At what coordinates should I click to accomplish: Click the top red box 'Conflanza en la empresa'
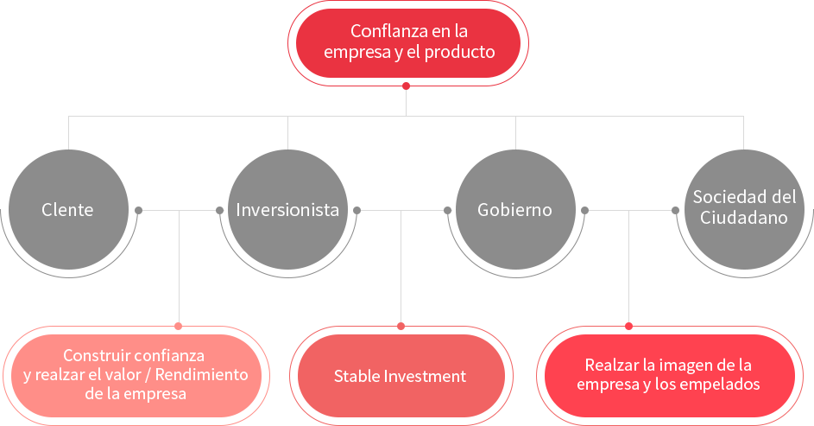(x=408, y=41)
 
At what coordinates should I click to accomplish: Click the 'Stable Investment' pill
(x=400, y=377)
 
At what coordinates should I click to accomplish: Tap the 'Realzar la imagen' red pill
(x=667, y=375)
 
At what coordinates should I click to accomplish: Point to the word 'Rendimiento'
(x=207, y=375)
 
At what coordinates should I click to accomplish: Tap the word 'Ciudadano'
(x=743, y=219)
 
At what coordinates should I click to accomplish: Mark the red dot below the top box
(x=407, y=86)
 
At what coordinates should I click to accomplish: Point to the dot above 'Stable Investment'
(x=401, y=326)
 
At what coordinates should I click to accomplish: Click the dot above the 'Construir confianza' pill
(x=179, y=326)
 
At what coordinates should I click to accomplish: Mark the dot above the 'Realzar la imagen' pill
(x=628, y=326)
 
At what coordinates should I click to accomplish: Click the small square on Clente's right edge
(x=139, y=210)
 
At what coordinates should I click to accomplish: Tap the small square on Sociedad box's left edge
(x=675, y=210)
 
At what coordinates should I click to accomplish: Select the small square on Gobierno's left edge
(x=447, y=210)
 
